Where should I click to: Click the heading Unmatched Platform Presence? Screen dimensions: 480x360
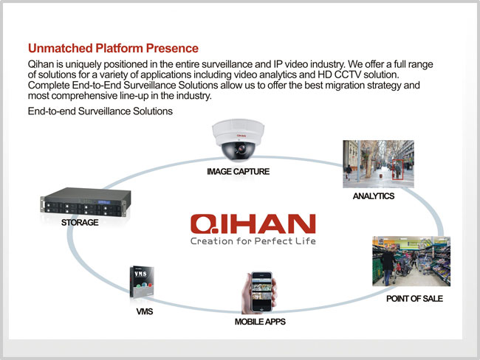[x=113, y=49]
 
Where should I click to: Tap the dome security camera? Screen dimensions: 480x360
[x=238, y=140]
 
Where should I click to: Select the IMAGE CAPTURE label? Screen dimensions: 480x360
[x=239, y=171]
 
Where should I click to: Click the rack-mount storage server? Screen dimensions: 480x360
[x=86, y=202]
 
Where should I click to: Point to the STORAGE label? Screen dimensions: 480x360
[x=80, y=222]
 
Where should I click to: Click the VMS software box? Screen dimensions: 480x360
[x=142, y=283]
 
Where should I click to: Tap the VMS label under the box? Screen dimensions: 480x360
[x=145, y=311]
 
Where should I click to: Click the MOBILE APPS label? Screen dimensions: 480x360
[x=260, y=322]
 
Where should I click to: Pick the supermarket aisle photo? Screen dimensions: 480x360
[x=411, y=261]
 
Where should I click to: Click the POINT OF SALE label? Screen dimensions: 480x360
[x=414, y=299]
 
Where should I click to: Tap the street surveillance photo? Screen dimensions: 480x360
[x=378, y=164]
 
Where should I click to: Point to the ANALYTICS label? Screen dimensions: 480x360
[x=374, y=196]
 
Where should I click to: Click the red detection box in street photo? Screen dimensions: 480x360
[x=397, y=170]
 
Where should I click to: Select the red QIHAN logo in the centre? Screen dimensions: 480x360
[x=253, y=224]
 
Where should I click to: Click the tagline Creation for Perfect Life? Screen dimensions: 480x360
[x=253, y=241]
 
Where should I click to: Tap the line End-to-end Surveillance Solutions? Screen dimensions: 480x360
[x=100, y=111]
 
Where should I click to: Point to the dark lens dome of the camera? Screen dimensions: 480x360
[x=239, y=150]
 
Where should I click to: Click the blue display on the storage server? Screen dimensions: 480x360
[x=104, y=202]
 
